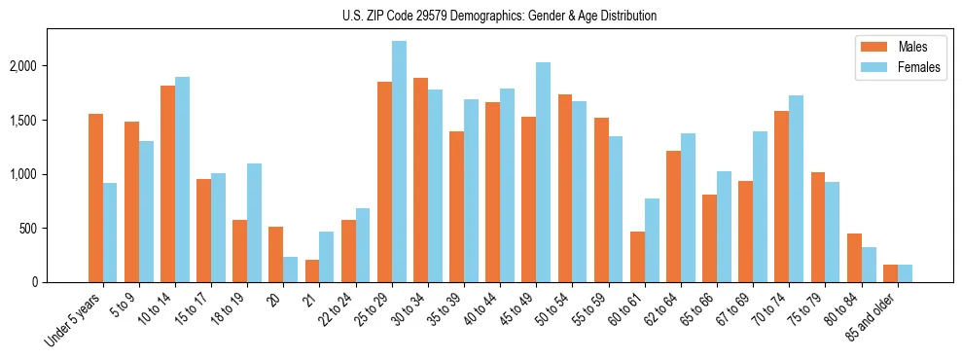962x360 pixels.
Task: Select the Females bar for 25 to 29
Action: (x=399, y=162)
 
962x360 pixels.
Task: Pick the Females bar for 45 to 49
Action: (x=544, y=172)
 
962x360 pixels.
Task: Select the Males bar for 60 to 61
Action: (x=637, y=257)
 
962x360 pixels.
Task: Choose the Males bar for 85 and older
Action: (x=890, y=273)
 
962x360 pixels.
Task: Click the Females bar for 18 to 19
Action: (x=255, y=223)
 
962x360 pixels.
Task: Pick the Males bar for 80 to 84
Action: (x=854, y=258)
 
